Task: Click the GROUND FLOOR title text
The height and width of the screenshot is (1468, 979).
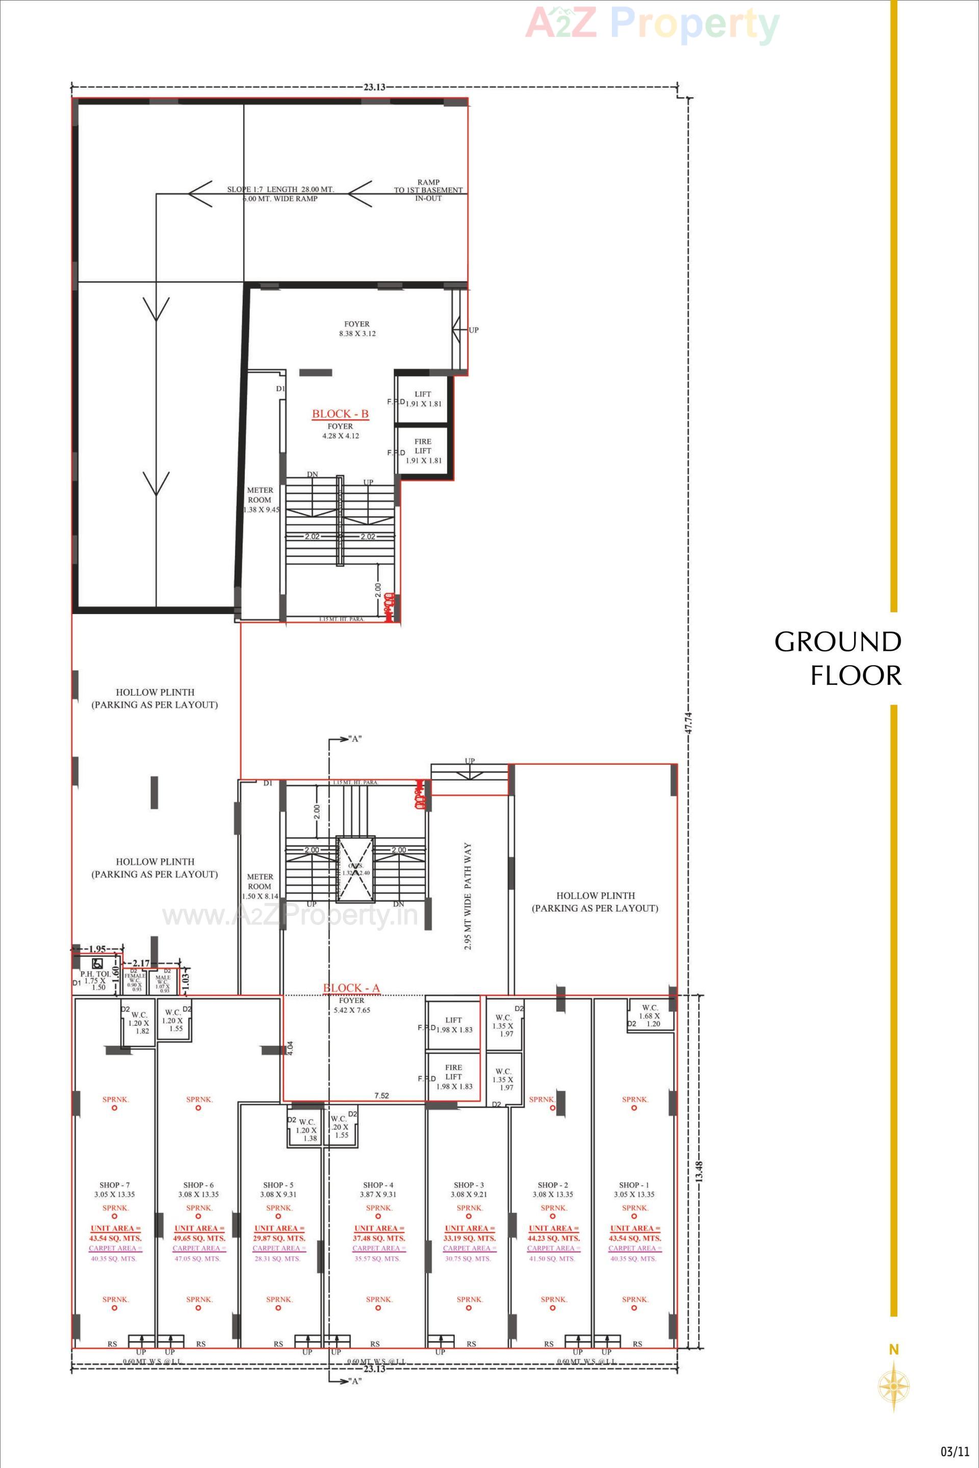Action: (838, 659)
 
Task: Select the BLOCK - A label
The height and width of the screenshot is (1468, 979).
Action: (351, 987)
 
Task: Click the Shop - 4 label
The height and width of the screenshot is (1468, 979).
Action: (378, 1184)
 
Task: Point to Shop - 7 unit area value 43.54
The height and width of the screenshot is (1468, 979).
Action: (116, 1238)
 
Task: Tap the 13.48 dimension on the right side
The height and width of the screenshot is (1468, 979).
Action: (699, 1171)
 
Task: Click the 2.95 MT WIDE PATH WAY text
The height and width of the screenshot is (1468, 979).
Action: (468, 896)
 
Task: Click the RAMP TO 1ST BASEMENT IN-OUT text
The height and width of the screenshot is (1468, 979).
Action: (428, 190)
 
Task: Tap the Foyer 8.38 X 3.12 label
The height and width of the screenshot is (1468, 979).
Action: (357, 328)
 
